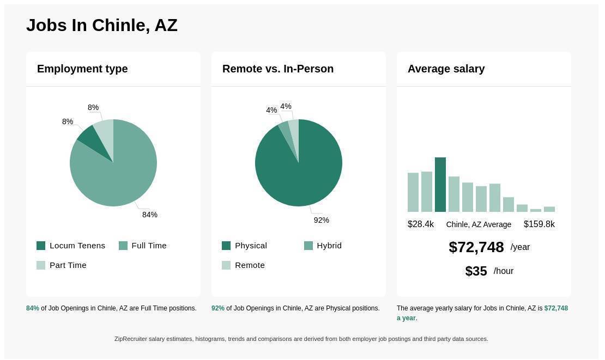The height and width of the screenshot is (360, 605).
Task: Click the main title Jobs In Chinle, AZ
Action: (x=102, y=26)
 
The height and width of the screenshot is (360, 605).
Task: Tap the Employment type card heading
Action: (x=82, y=69)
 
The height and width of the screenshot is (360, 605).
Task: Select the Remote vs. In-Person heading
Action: (x=278, y=69)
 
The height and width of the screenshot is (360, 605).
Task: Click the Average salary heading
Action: (x=446, y=69)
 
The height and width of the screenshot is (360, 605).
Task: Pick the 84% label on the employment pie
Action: (x=150, y=215)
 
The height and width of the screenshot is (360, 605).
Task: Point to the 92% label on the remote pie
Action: (x=322, y=220)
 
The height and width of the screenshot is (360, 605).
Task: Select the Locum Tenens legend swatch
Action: (x=41, y=246)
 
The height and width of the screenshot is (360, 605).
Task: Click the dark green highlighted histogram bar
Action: (x=440, y=185)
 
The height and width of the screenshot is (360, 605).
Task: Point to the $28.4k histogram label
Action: (x=421, y=224)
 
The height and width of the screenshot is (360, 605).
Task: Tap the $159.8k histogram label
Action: (x=539, y=224)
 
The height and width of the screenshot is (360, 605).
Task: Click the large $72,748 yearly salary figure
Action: (x=476, y=247)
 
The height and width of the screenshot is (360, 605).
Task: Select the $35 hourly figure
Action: (x=476, y=271)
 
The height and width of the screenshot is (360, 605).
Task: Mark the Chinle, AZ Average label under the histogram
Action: (x=479, y=224)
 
